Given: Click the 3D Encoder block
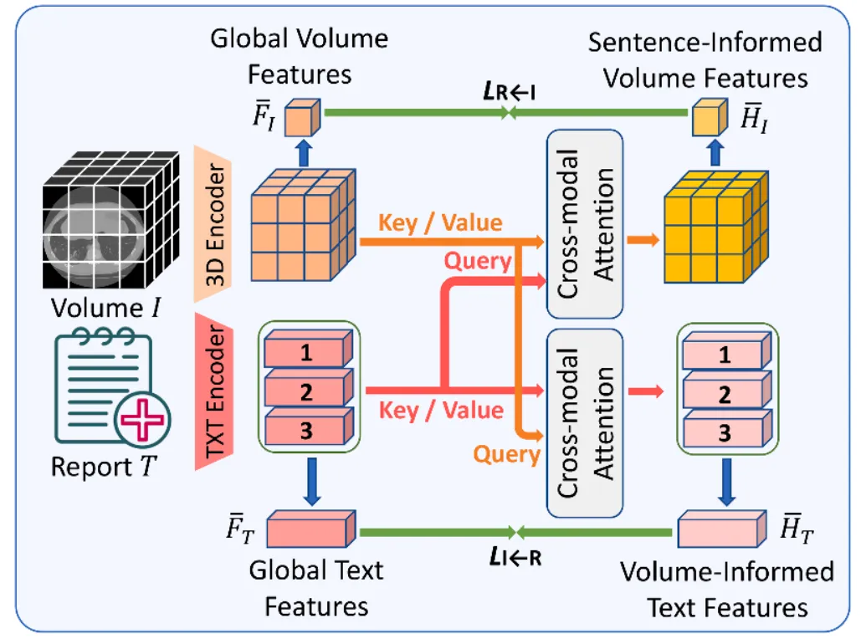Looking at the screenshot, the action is pyautogui.click(x=213, y=224).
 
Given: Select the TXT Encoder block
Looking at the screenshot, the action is pyautogui.click(x=214, y=391).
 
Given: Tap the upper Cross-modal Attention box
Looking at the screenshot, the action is pyautogui.click(x=585, y=224).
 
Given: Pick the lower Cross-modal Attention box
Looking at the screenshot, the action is pyautogui.click(x=585, y=422).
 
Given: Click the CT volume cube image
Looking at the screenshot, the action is pyautogui.click(x=111, y=220).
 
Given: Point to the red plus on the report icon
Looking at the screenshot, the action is pyautogui.click(x=142, y=420).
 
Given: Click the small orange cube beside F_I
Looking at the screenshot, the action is pyautogui.click(x=303, y=117).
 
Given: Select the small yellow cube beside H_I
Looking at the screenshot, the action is pyautogui.click(x=710, y=117).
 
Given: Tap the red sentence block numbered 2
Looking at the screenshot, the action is pyautogui.click(x=309, y=391).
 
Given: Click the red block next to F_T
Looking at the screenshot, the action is pyautogui.click(x=311, y=529).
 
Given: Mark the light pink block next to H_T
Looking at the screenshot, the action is pyautogui.click(x=722, y=529).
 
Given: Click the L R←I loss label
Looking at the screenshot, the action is pyautogui.click(x=510, y=91).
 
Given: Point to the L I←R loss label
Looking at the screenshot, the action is pyautogui.click(x=515, y=557).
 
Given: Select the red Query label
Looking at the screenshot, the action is pyautogui.click(x=478, y=261).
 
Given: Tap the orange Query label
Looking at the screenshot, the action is pyautogui.click(x=507, y=455).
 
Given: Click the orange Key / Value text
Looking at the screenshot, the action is pyautogui.click(x=440, y=223).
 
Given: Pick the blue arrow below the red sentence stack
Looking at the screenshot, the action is pyautogui.click(x=312, y=482).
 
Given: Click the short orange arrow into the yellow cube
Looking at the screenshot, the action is pyautogui.click(x=643, y=239).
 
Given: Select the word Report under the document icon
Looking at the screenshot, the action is pyautogui.click(x=92, y=468).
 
